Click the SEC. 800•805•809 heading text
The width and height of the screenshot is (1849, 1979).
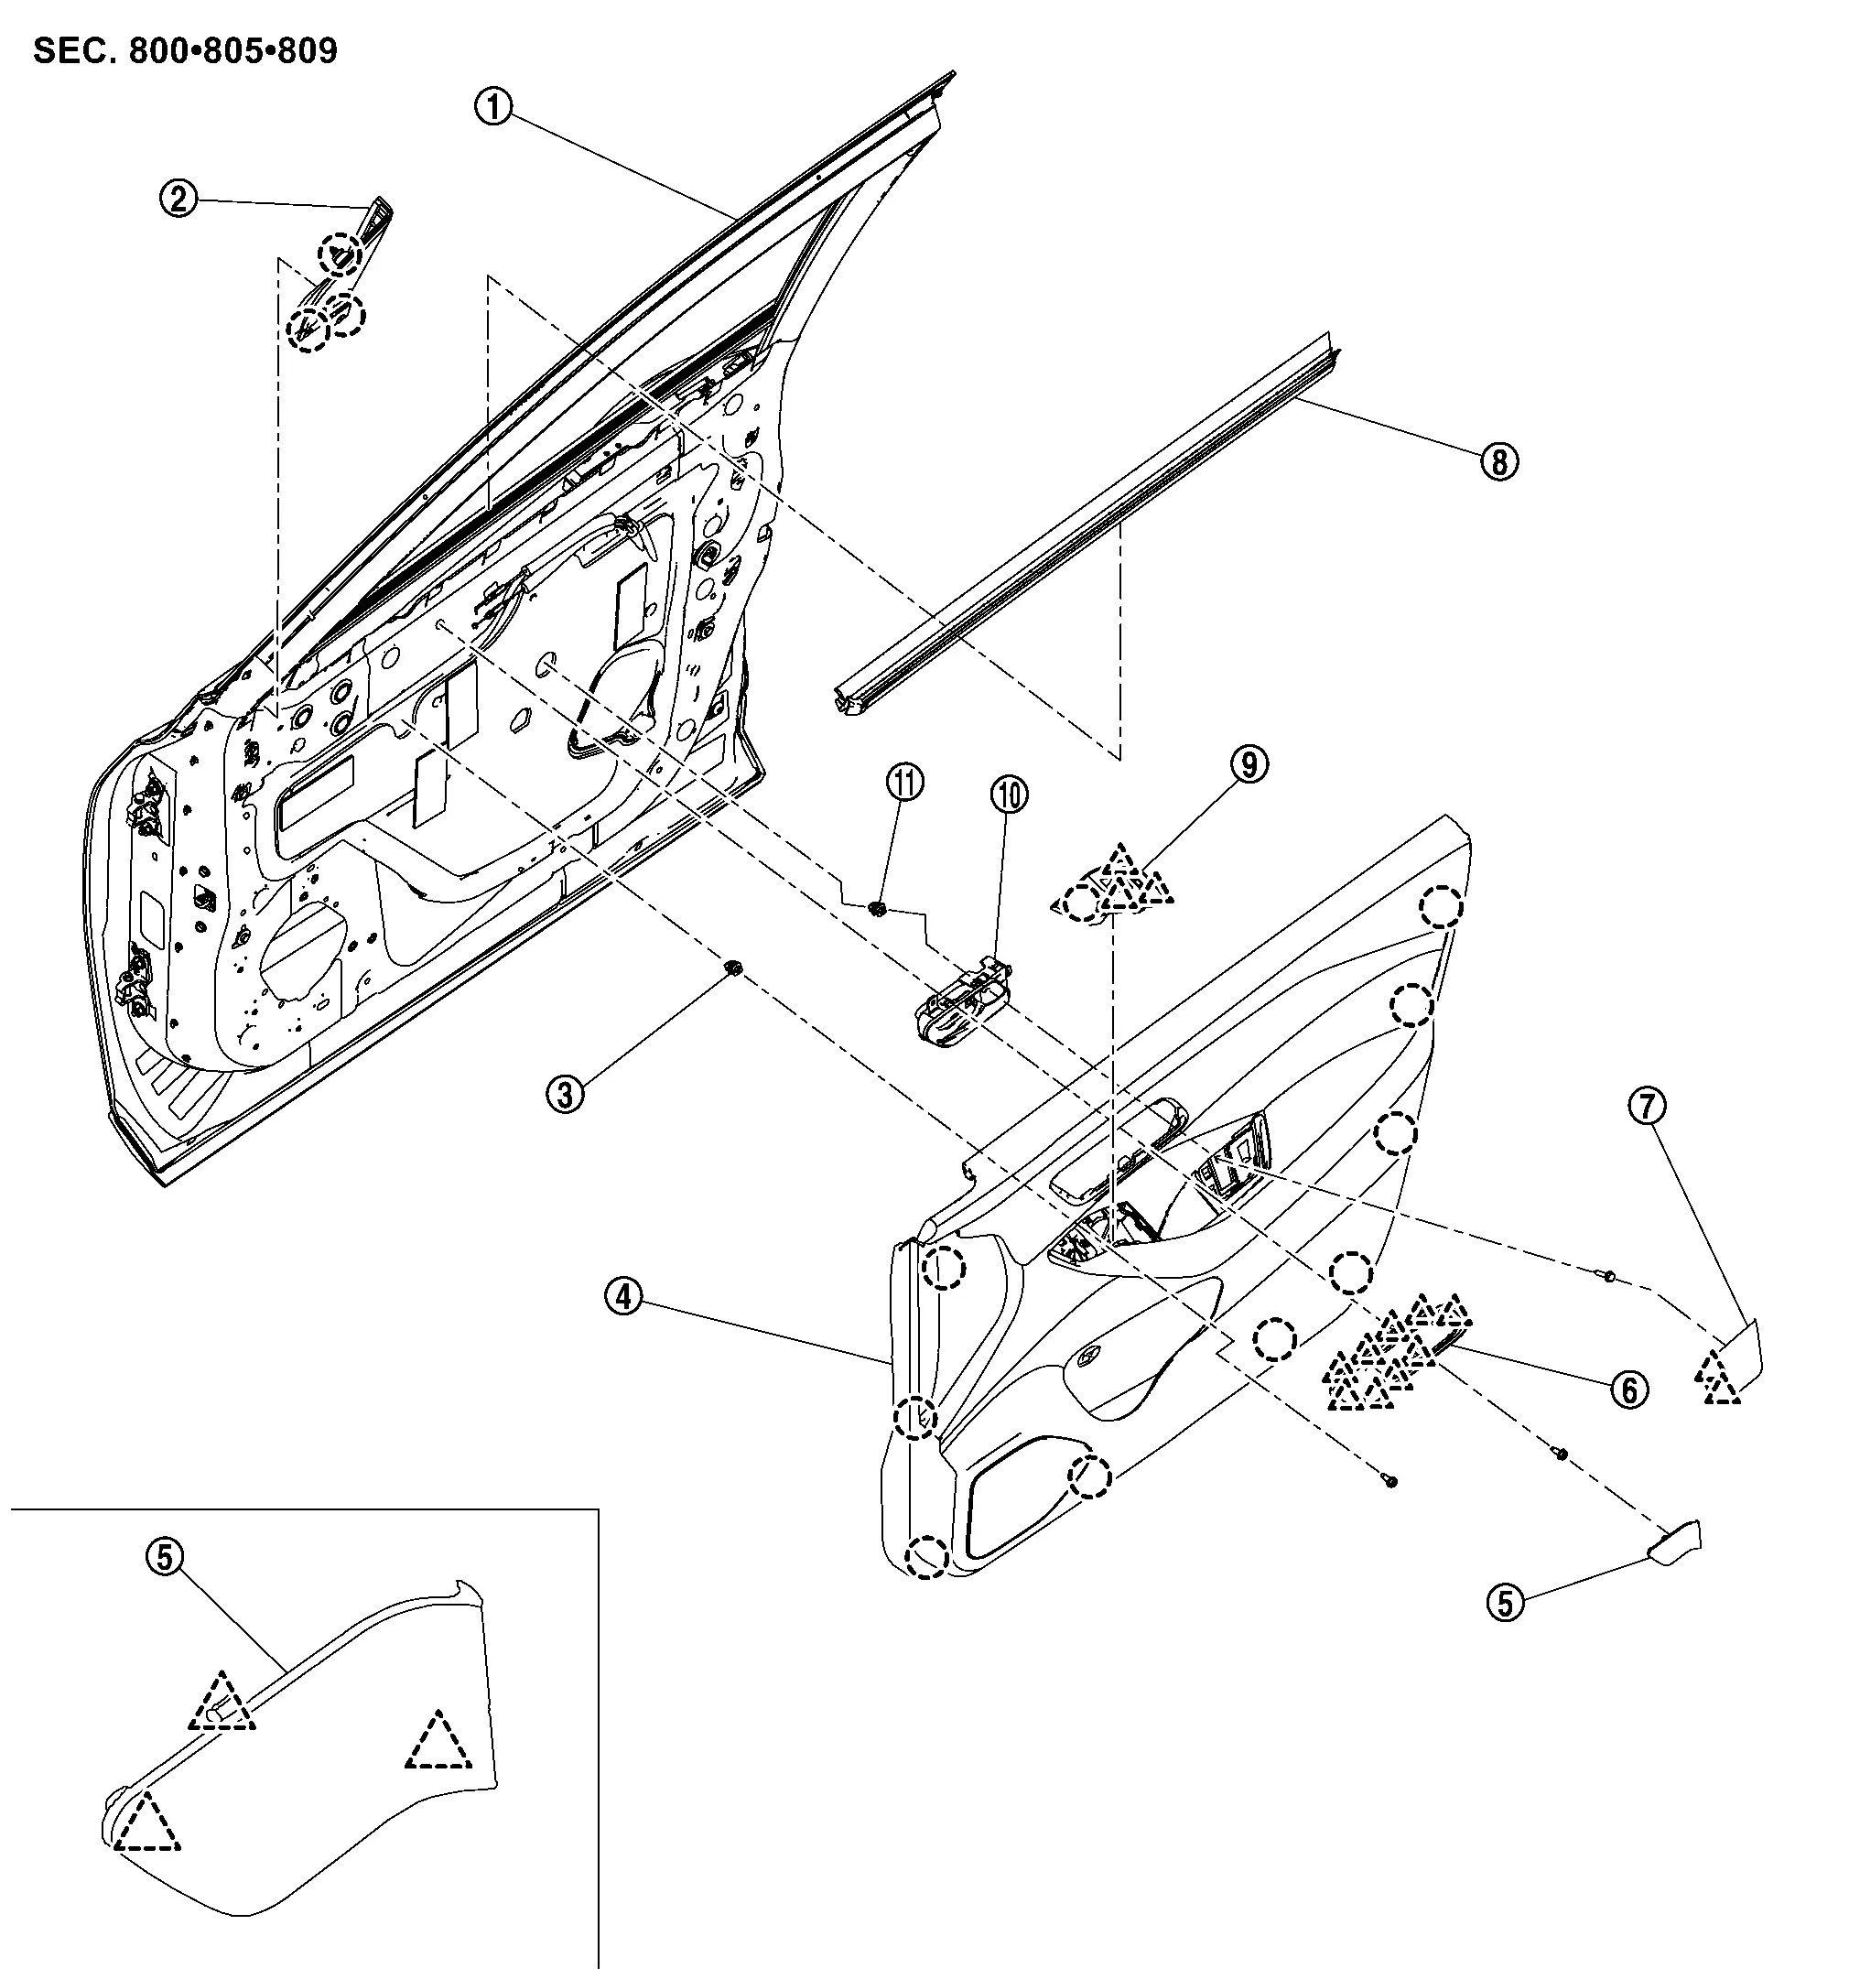185,50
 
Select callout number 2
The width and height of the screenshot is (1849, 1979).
179,200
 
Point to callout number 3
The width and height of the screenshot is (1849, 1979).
566,1095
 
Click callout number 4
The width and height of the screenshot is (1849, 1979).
624,1296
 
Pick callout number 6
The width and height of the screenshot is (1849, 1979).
1629,1390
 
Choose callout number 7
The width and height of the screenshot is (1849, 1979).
1647,1105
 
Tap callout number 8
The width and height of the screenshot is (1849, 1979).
1499,462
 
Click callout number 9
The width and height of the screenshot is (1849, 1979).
1249,764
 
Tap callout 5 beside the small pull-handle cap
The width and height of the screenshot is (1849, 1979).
1506,1603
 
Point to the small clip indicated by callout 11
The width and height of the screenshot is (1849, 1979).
877,908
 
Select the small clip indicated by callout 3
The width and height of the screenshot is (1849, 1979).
733,967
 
